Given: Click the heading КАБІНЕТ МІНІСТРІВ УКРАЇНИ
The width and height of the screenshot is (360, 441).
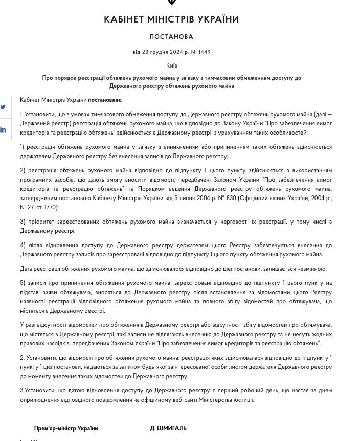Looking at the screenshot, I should (171, 19).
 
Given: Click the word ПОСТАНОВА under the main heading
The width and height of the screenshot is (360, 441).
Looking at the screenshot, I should (171, 37).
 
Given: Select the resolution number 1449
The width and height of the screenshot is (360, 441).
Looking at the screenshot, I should (205, 52).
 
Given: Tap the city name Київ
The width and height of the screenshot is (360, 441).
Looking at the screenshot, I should (172, 65).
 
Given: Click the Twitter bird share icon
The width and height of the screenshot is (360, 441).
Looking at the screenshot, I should (4, 107).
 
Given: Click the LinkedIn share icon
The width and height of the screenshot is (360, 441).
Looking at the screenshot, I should (4, 130).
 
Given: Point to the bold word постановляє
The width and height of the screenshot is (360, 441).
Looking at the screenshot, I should (104, 100).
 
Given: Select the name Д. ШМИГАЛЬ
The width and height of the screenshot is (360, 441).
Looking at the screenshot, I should (168, 428).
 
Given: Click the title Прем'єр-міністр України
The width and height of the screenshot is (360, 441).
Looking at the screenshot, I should (66, 428).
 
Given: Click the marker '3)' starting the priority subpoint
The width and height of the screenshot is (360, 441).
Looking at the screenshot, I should (23, 222).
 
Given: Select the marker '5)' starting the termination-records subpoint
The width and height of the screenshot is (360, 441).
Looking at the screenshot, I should (23, 283).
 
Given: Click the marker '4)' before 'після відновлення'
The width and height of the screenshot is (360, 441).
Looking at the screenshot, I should (23, 245).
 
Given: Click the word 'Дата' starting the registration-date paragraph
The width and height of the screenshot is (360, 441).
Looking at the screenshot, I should (26, 269).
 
